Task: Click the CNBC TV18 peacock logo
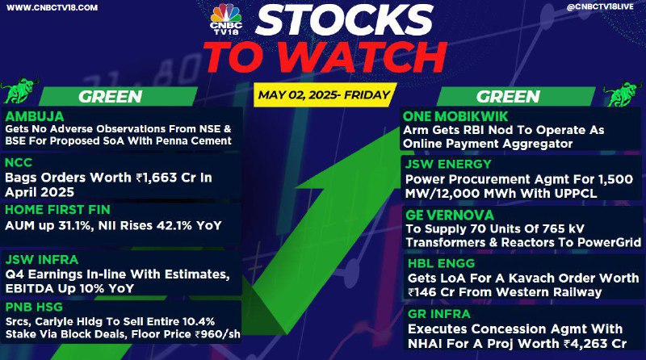(226, 19)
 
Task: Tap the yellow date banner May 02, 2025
(325, 95)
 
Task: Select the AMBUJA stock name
(35, 116)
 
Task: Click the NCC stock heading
(19, 162)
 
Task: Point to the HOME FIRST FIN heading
(57, 210)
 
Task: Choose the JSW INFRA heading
(42, 260)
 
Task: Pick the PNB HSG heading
(34, 307)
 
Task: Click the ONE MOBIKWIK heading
(455, 116)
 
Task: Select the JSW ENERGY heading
(448, 164)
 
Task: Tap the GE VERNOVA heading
(450, 215)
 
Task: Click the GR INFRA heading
(438, 314)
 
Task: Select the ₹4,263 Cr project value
(595, 344)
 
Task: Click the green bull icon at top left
(19, 90)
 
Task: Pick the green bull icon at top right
(623, 93)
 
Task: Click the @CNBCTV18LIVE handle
(600, 7)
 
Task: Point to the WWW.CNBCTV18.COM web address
(52, 7)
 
